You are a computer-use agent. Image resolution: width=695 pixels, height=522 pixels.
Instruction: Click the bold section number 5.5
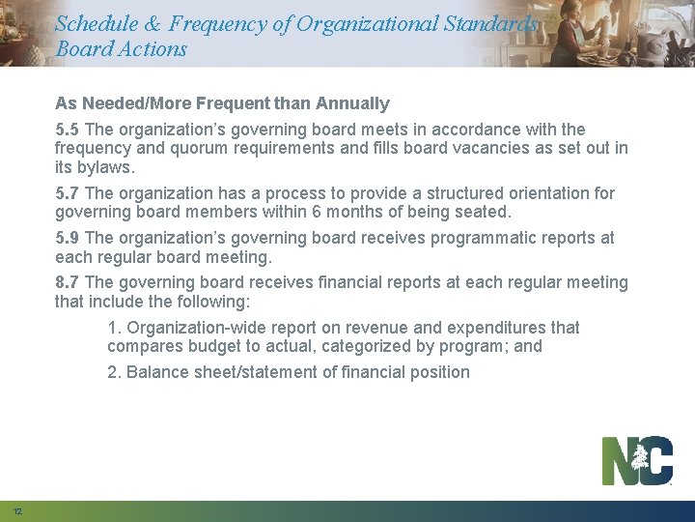(x=68, y=130)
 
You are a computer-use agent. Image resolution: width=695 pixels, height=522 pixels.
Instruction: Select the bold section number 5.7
(x=68, y=193)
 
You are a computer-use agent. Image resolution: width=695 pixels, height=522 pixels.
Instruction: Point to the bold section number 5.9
(x=68, y=238)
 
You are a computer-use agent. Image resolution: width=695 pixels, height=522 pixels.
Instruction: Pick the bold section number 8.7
(x=68, y=282)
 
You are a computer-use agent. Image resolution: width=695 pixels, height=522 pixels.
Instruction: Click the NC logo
(x=637, y=461)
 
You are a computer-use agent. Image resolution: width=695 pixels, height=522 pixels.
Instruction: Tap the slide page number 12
(x=18, y=510)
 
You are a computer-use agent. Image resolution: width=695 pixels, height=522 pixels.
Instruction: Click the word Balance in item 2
(x=157, y=372)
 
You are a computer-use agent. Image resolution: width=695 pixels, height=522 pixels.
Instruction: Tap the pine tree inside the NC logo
(x=640, y=461)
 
